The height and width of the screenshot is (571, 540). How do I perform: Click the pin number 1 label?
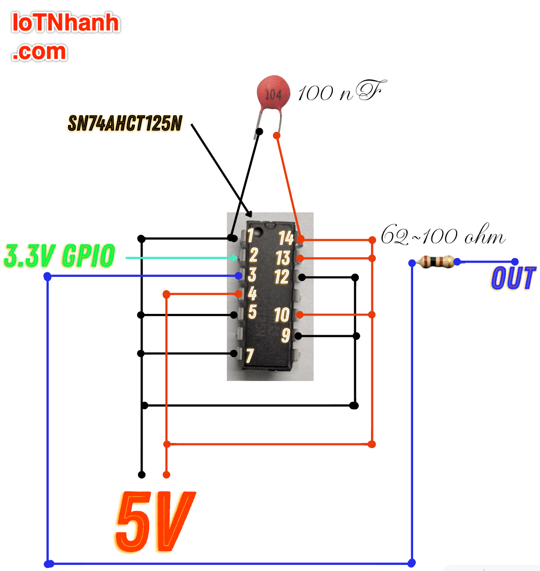[x=250, y=236]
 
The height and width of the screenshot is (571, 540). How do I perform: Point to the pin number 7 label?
[x=250, y=356]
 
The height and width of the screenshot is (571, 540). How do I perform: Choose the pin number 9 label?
[x=286, y=335]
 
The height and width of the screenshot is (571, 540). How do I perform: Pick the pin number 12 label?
[x=281, y=277]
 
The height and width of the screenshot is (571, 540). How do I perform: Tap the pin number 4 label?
[x=252, y=294]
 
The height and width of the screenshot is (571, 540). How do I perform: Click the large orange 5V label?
[x=155, y=522]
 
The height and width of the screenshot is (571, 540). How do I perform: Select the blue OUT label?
[x=513, y=278]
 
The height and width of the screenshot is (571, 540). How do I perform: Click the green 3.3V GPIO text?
[x=59, y=257]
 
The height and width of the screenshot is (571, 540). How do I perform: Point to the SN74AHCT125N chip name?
[x=125, y=123]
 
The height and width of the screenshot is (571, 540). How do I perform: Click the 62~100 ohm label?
[x=443, y=237]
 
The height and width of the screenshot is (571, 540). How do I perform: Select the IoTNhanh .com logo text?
[x=66, y=37]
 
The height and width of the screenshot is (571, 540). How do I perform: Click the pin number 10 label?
[x=282, y=315]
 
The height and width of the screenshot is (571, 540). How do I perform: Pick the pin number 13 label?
[x=282, y=258]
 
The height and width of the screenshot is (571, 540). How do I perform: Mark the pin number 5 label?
[x=252, y=311]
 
